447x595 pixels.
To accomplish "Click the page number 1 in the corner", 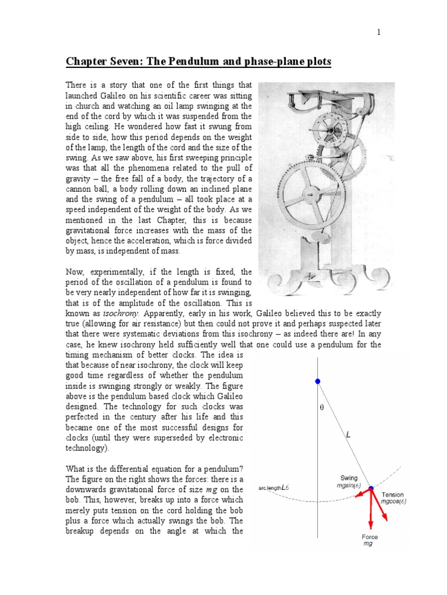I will tap(378, 33).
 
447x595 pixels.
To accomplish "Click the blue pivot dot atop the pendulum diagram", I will tap(317, 381).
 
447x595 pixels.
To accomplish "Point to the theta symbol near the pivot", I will tap(321, 408).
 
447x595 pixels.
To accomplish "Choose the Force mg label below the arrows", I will tap(370, 540).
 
